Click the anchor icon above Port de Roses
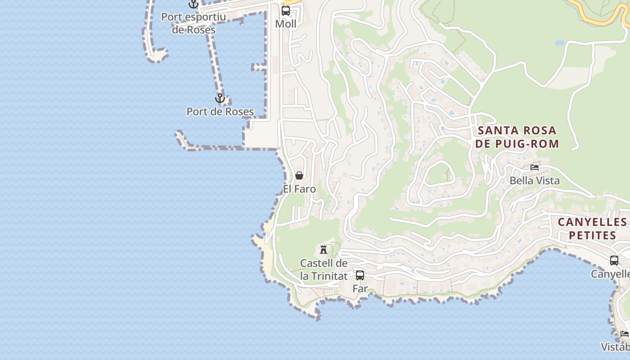point(220,98)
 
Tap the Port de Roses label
point(220,112)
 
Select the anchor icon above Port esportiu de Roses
point(193,4)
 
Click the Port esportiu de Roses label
point(193,23)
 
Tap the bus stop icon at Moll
point(286,11)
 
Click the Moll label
point(286,24)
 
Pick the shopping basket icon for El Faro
point(299,175)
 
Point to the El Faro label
point(299,189)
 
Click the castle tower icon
point(324,249)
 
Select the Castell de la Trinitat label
point(324,270)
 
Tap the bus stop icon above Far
point(360,275)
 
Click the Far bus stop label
point(360,288)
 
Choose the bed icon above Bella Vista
point(535,167)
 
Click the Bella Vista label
point(535,181)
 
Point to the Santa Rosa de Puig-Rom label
point(517,137)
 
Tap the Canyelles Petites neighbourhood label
point(592,229)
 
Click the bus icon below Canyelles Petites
point(614,260)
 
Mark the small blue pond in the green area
point(559,43)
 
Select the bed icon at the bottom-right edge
point(625,334)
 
